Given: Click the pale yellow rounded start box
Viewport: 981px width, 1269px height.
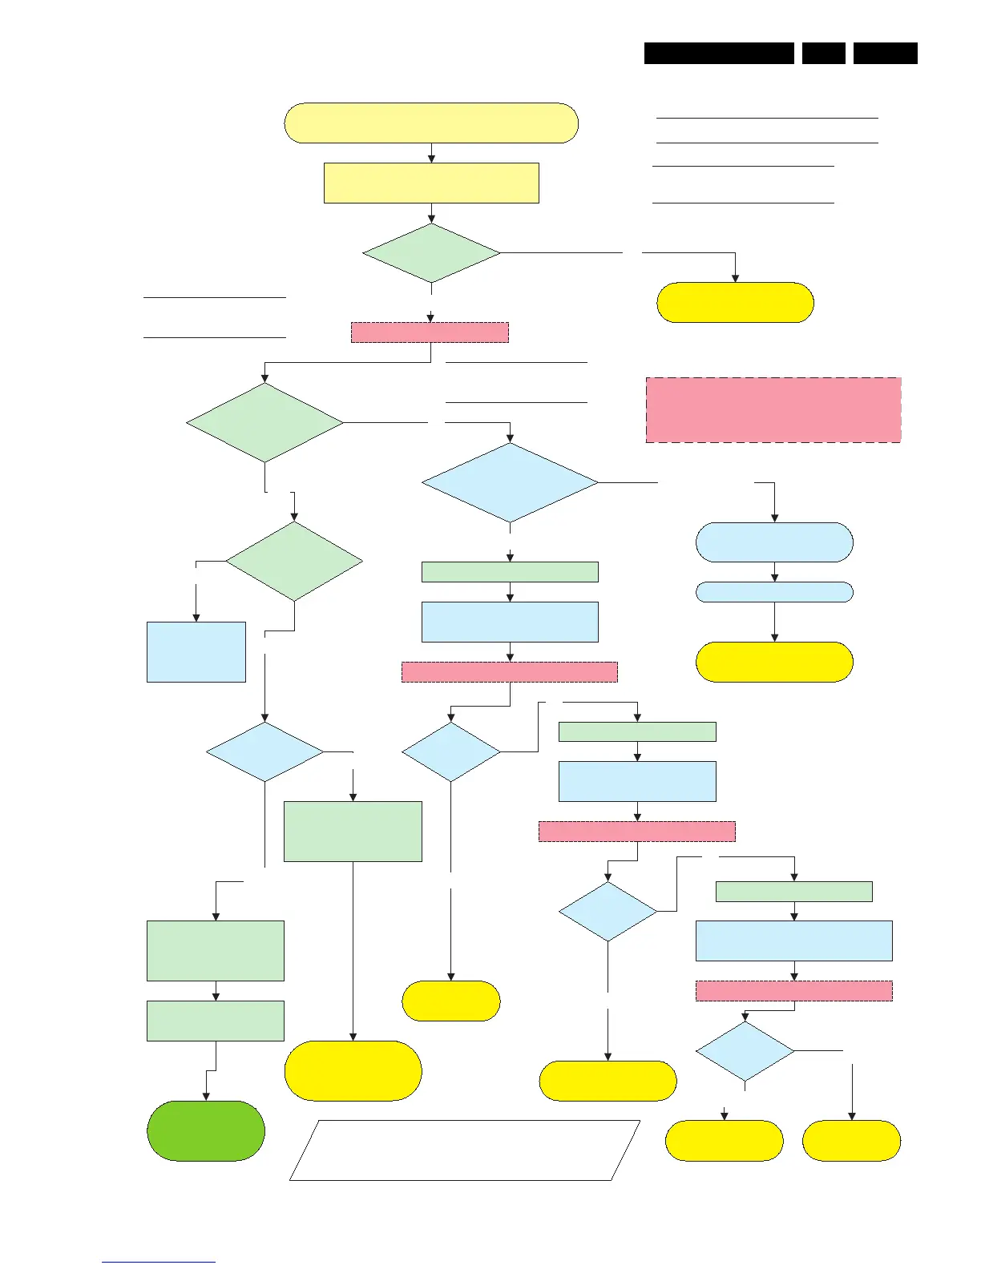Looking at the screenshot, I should (x=431, y=123).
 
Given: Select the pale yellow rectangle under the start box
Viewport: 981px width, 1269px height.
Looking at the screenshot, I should (x=431, y=183).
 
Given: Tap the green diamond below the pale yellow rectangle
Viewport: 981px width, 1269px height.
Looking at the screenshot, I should (x=431, y=253).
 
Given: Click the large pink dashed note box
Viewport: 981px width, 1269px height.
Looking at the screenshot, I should (x=773, y=410).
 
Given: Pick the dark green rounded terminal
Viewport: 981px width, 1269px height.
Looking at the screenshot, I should (x=206, y=1130).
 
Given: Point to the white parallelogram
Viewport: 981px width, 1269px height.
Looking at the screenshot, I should (x=465, y=1150).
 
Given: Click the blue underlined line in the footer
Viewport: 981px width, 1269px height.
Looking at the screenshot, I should (x=159, y=1262).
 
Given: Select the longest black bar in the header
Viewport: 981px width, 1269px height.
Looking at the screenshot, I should (x=719, y=53).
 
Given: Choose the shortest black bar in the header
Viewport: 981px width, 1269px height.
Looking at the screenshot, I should (x=823, y=53).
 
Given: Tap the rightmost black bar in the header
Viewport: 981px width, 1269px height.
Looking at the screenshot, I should (x=885, y=53).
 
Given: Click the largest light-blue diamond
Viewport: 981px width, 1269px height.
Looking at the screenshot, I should (x=510, y=483).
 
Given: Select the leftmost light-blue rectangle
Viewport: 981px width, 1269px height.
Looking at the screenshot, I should (x=196, y=652).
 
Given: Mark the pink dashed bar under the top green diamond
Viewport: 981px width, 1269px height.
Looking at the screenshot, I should (x=430, y=332).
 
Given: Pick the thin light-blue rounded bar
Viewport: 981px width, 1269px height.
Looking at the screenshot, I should (x=774, y=592).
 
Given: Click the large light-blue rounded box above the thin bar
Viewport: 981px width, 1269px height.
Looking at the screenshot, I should (x=774, y=542).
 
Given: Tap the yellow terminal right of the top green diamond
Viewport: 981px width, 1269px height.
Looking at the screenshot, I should (x=735, y=302).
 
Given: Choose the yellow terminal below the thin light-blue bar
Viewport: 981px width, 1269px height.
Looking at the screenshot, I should (x=774, y=662).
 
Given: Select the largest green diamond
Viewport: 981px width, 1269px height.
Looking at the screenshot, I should (x=264, y=422).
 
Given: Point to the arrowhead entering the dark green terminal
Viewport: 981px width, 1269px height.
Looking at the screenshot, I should (x=206, y=1096).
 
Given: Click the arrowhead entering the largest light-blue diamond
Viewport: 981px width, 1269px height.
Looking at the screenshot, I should (x=511, y=438).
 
